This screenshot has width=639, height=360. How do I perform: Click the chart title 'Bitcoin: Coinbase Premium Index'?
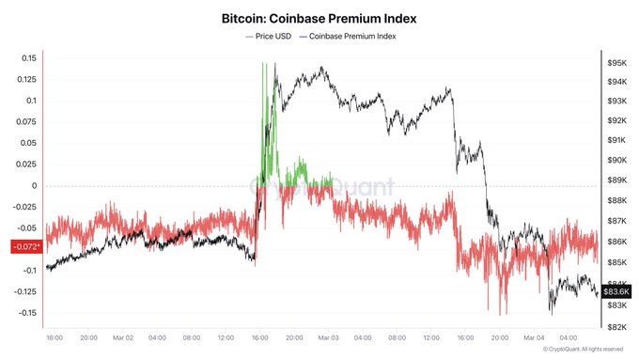[x=319, y=18]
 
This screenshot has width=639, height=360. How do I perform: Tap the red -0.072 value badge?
[x=24, y=247]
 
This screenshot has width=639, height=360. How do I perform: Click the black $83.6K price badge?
[x=618, y=291]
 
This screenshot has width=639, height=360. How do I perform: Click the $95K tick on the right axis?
[x=617, y=62]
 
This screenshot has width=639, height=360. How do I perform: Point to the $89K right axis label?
[x=617, y=180]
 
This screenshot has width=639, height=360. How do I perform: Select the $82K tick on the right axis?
[x=617, y=326]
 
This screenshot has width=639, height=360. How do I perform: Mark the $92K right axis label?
[x=617, y=120]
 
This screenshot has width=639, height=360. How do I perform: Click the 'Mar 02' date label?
[x=123, y=337]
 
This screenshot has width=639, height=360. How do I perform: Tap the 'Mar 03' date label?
[x=328, y=337]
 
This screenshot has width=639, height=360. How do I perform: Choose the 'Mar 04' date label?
[x=534, y=337]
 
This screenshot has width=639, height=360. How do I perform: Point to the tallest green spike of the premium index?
[x=262, y=66]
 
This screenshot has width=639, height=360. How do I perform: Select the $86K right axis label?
[x=617, y=242]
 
